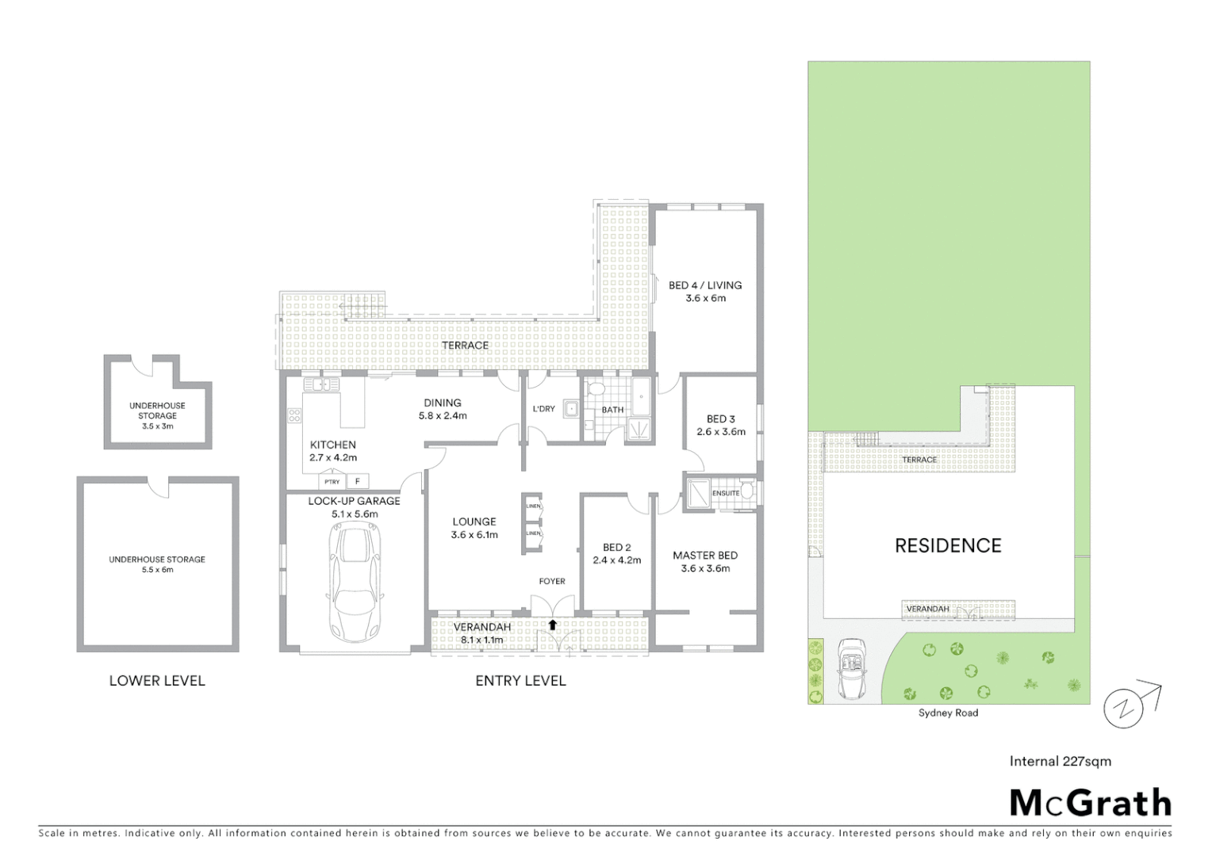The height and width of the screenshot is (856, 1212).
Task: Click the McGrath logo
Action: pos(1091,803)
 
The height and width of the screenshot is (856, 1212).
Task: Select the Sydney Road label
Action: pos(948,713)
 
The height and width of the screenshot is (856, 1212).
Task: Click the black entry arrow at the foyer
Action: pos(552,625)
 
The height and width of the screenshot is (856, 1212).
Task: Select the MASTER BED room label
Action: pos(705,556)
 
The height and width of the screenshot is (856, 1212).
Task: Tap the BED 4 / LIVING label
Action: pos(705,285)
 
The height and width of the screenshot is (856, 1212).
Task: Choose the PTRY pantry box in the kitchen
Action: pos(332,482)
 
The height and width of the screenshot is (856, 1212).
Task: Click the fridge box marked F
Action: pos(358,481)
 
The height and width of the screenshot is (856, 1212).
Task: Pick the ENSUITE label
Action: pos(725,493)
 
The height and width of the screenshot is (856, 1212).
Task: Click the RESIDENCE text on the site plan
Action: pos(948,545)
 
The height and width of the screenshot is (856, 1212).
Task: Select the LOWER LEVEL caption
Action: pos(157,681)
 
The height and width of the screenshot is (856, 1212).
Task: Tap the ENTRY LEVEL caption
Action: pos(520,681)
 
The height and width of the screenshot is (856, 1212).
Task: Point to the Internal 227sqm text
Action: pos(1060,762)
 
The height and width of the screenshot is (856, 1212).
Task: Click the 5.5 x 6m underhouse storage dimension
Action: pos(157,570)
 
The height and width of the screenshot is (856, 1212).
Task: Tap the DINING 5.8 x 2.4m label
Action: pos(443,409)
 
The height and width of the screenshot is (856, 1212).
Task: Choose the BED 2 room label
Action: pos(617,548)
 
